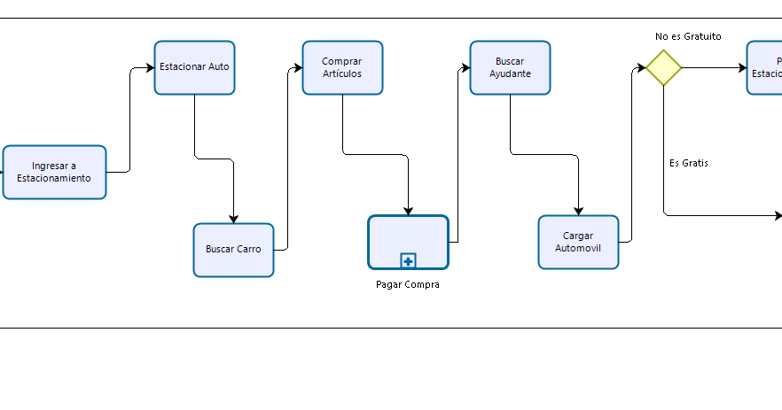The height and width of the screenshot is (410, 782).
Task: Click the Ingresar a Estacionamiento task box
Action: [x=54, y=172]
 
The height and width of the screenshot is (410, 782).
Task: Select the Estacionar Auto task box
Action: [x=194, y=67]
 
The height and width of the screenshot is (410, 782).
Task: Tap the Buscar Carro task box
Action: [x=233, y=250]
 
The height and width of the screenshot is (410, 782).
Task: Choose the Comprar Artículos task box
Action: [x=342, y=67]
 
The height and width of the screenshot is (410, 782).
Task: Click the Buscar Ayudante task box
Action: [x=510, y=67]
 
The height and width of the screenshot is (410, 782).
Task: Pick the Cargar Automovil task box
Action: [x=578, y=242]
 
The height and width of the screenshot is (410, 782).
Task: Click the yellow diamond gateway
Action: [x=663, y=68]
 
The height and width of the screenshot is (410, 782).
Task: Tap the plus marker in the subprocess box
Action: [x=408, y=260]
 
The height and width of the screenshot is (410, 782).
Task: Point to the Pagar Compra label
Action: [x=408, y=285]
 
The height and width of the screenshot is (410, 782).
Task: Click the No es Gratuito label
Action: [x=688, y=37]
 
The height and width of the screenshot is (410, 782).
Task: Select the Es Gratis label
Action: [x=689, y=163]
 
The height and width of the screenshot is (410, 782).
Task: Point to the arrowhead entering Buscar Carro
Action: [x=234, y=219]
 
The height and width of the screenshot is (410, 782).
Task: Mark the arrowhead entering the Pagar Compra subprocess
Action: [x=408, y=211]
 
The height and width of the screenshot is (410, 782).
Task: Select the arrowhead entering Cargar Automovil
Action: [x=578, y=211]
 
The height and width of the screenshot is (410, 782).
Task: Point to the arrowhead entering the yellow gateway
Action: [x=640, y=68]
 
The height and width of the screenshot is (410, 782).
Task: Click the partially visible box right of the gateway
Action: [x=765, y=68]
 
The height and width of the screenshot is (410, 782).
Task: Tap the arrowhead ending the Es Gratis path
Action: [x=778, y=215]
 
